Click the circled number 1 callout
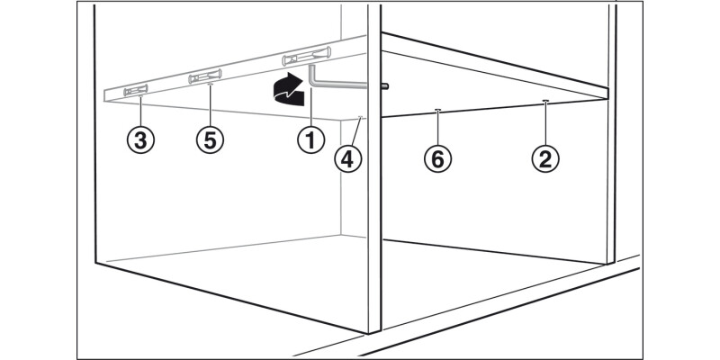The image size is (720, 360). pos(310,139)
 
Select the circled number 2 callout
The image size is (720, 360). pos(545,159)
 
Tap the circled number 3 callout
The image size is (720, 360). pos(140,139)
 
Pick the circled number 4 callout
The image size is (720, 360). pos(348,159)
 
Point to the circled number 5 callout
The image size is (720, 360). pos(210,139)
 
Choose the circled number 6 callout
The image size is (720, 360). pos(437,159)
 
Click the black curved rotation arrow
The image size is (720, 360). pos(288,89)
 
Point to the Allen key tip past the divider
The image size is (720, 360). pos(386,85)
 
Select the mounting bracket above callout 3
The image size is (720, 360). pos(136,91)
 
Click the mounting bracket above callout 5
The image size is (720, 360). pos(205,76)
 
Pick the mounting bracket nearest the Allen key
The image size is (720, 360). pos(306,56)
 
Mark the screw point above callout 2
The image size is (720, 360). pos(545,101)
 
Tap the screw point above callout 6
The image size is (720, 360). pos(437,110)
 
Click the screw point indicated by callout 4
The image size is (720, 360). pos(361,117)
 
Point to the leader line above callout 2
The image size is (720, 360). pos(545,123)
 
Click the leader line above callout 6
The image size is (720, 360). pos(437,128)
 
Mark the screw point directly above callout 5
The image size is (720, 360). pos(211,85)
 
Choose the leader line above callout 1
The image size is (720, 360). pos(310,107)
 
